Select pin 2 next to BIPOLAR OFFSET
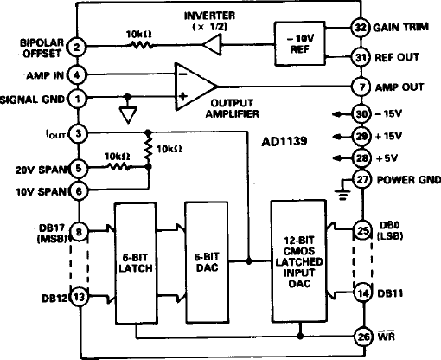(78, 47)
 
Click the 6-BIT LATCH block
(137, 259)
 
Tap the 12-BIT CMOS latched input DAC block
(299, 259)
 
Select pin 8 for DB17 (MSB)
(78, 231)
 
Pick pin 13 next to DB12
(78, 296)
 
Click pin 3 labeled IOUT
(78, 132)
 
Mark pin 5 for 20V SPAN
(78, 169)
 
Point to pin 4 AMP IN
(78, 75)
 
